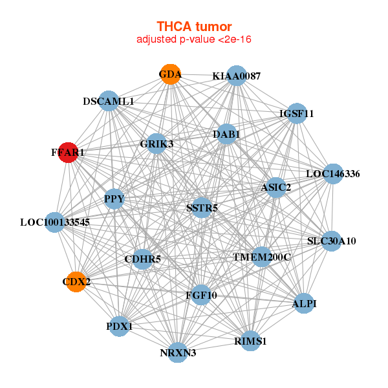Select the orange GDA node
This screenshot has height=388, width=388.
[170, 74]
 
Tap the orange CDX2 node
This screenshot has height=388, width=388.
[76, 281]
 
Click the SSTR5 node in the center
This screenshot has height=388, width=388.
[202, 208]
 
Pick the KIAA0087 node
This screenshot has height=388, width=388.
[237, 76]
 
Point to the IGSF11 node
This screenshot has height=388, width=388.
[297, 114]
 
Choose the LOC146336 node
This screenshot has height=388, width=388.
[332, 173]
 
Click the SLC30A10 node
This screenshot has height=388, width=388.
[331, 241]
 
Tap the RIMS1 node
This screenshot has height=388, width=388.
[251, 340]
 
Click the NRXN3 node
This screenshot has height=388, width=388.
[178, 352]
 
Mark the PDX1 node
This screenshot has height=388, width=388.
[120, 327]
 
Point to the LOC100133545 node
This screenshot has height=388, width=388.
[55, 222]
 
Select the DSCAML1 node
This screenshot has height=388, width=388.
[109, 102]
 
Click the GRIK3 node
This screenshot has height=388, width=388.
[156, 144]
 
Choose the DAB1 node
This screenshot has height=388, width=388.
[226, 135]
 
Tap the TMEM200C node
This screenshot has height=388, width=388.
[262, 257]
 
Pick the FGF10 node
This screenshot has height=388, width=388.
[200, 295]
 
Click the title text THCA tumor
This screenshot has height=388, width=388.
[194, 27]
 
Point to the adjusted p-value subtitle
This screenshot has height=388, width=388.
[194, 40]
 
